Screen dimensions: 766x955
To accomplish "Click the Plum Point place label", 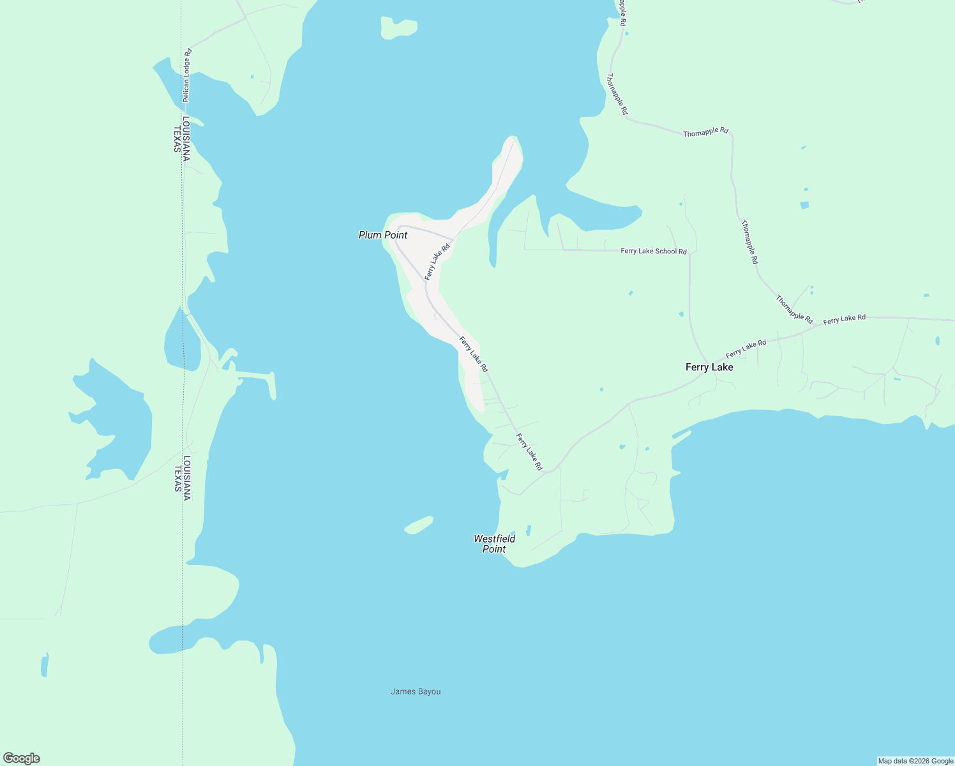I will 383,235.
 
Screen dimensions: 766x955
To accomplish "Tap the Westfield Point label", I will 494,544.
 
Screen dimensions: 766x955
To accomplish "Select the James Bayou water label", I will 416,691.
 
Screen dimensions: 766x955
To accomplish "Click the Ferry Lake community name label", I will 709,367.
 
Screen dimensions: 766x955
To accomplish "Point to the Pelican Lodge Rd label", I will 187,75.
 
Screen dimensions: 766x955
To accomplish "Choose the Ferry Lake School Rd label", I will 654,251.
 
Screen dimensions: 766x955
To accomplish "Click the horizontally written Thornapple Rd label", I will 705,132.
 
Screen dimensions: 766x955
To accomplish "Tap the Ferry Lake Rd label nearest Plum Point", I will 437,261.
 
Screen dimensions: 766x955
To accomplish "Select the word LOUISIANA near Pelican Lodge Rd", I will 186,139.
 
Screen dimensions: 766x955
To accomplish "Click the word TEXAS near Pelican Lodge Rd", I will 177,139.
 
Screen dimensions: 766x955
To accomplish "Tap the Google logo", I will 22,758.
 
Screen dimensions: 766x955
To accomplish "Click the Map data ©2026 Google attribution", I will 915,761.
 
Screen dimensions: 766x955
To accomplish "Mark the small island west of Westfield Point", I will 419,525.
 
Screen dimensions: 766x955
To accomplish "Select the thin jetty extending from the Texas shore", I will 255,375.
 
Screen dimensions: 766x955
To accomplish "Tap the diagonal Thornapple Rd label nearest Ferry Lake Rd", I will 794,309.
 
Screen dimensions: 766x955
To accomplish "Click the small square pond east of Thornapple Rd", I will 804,205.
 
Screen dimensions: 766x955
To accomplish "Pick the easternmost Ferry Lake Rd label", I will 844,319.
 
